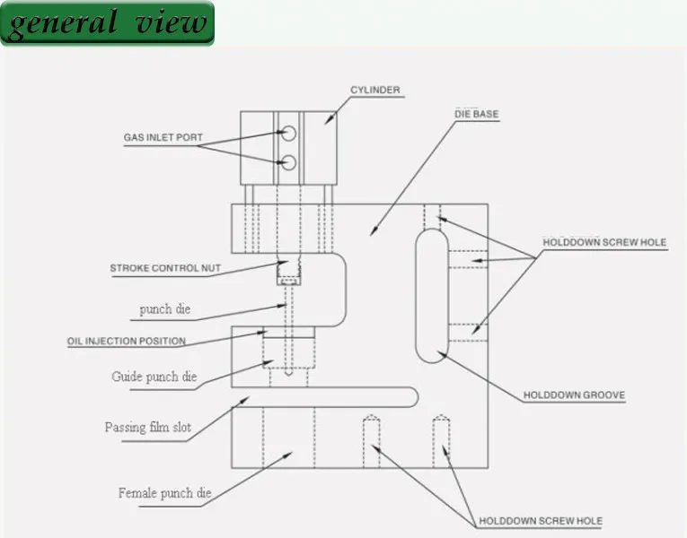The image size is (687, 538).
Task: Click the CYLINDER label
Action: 375,90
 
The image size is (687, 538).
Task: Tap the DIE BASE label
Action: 477,114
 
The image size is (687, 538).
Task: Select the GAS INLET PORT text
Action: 163,137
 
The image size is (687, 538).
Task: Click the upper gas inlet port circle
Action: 288,134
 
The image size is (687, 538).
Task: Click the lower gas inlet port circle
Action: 288,162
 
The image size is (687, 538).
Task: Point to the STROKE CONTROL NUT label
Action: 165,268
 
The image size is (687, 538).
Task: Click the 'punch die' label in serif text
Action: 165,309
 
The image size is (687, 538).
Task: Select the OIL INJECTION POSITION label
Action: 127,341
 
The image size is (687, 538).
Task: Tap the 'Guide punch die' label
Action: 154,377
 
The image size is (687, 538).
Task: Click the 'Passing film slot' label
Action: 148,428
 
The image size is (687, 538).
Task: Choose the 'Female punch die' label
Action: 164,493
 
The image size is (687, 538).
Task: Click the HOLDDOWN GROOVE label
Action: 574,395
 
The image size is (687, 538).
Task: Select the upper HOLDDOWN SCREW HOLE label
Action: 604,242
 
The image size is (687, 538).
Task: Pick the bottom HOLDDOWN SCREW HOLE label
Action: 541,521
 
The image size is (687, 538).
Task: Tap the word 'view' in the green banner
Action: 171,22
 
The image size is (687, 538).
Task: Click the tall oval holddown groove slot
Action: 416,296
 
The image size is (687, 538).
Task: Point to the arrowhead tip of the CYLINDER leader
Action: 325,125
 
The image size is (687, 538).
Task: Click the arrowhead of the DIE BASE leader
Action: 371,236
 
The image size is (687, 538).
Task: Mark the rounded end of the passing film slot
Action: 418,397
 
